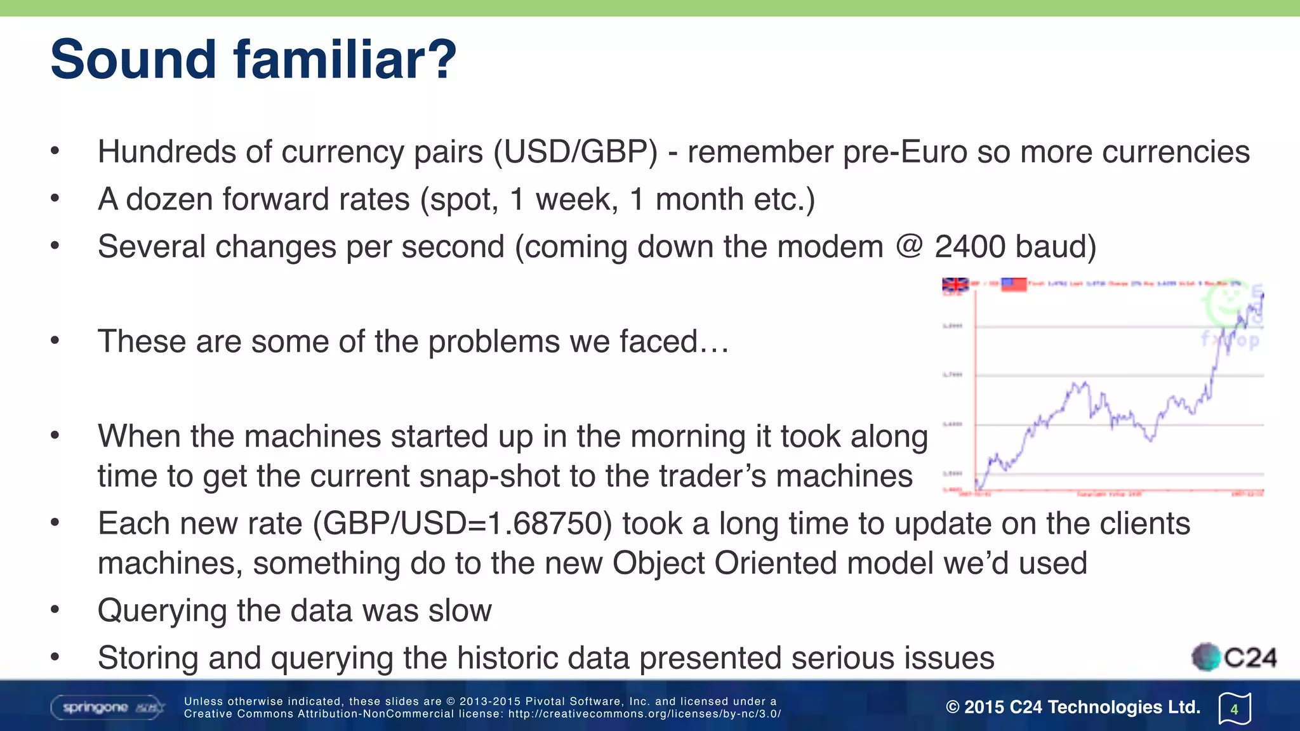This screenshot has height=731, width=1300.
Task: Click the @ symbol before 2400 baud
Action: point(909,246)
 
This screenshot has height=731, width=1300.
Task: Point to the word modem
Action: point(830,247)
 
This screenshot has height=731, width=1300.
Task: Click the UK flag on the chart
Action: point(955,285)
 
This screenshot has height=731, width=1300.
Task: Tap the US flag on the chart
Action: point(1013,284)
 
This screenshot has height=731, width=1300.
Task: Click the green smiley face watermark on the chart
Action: point(1226,302)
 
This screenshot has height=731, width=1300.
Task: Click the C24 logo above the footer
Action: point(1234,657)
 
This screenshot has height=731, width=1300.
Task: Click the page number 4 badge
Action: point(1234,709)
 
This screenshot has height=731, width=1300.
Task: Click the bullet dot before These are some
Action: point(55,341)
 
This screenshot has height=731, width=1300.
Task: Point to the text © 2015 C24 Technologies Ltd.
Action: point(1073,707)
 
